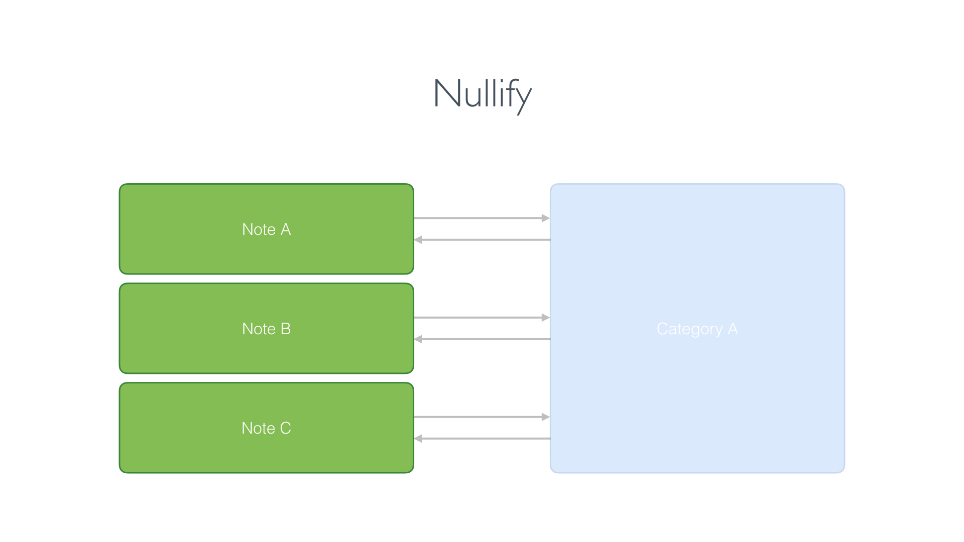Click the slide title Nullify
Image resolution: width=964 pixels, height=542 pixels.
(x=482, y=94)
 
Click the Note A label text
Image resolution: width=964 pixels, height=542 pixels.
(x=266, y=229)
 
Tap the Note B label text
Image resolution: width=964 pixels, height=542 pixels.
(x=266, y=329)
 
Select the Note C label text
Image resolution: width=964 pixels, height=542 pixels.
(x=266, y=428)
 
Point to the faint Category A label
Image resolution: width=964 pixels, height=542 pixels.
(x=697, y=329)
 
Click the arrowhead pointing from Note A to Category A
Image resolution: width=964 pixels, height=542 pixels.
(x=546, y=218)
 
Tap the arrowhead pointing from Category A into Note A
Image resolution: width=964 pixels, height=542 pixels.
(x=418, y=240)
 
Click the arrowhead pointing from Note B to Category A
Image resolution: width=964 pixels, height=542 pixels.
(x=546, y=318)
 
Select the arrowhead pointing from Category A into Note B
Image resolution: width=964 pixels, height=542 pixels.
(x=418, y=339)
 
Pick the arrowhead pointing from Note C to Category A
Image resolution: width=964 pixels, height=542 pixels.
(x=546, y=417)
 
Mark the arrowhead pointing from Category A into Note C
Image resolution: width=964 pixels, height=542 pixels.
(x=418, y=439)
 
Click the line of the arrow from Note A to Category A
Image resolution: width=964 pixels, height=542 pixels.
(x=477, y=218)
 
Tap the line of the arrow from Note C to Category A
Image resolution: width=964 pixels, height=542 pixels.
(x=477, y=417)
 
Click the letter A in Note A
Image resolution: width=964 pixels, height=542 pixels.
(x=285, y=229)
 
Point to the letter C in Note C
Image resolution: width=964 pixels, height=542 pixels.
(x=285, y=428)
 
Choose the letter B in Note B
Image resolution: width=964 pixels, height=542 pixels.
(x=285, y=329)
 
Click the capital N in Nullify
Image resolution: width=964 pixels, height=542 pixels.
(x=447, y=93)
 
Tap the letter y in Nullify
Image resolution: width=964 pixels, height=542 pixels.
(x=523, y=98)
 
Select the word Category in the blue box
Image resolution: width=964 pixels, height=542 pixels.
(x=689, y=329)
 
